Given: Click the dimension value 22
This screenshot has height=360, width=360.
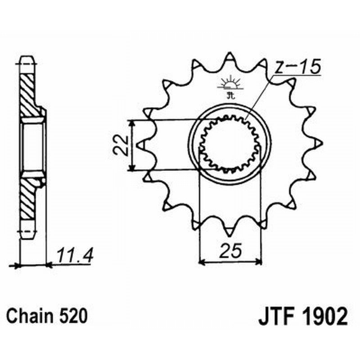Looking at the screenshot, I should (120, 145).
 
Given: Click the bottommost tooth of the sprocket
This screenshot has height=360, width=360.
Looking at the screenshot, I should (229, 232).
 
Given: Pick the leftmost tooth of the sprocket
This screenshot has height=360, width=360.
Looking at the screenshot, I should (140, 145).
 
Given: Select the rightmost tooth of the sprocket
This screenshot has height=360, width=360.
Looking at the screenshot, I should (319, 143).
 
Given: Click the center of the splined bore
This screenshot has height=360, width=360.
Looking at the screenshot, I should (229, 144).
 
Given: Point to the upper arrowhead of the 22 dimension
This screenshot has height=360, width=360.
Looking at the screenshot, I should (131, 123).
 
